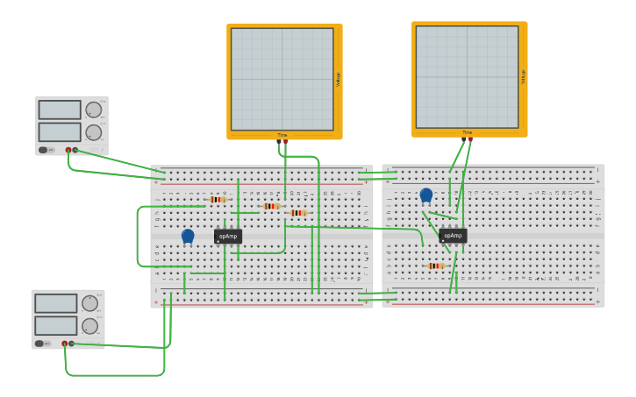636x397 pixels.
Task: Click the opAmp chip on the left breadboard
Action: click(x=228, y=236)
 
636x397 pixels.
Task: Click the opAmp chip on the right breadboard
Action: click(x=453, y=236)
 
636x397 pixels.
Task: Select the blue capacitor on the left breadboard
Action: click(x=188, y=236)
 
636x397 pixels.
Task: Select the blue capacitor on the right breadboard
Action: click(x=426, y=195)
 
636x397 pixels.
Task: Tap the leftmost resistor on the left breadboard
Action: click(x=218, y=200)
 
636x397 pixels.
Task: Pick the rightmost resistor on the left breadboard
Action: click(x=298, y=213)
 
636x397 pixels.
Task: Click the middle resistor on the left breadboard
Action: click(x=271, y=206)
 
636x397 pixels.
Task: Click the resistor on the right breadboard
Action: click(x=435, y=266)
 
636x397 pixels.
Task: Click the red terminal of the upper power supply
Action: click(x=68, y=150)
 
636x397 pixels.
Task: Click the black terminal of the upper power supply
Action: click(x=75, y=150)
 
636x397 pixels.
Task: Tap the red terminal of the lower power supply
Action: click(x=64, y=344)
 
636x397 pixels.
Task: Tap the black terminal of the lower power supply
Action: click(x=71, y=344)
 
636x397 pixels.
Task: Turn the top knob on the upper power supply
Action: click(x=93, y=110)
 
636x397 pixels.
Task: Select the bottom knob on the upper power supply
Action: click(x=93, y=132)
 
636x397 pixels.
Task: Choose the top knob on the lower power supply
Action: click(x=89, y=303)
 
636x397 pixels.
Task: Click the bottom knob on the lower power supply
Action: click(x=89, y=326)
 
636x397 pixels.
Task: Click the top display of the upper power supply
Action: click(x=60, y=110)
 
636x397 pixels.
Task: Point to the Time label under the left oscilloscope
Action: click(x=282, y=135)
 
